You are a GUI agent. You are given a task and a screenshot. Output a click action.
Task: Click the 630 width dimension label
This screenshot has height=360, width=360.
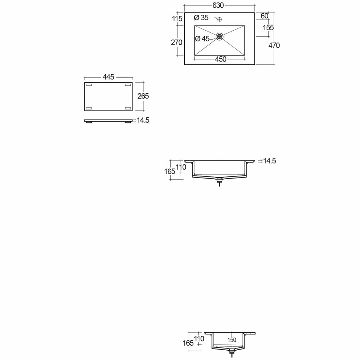(x=218, y=5)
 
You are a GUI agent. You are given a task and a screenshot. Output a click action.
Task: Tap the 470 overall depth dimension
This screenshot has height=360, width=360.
(x=274, y=45)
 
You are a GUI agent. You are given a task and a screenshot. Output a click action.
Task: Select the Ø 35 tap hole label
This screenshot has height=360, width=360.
(x=201, y=17)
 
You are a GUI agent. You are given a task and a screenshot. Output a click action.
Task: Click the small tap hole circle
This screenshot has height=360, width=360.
(x=220, y=19)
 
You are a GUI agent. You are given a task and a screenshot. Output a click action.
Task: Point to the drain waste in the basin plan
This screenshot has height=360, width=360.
(x=220, y=36)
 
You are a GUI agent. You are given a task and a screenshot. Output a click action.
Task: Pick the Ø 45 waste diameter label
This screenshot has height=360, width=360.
(x=202, y=39)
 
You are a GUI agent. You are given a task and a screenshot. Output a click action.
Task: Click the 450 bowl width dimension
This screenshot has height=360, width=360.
(x=221, y=59)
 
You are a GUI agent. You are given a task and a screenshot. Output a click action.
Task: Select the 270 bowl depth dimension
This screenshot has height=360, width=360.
(x=176, y=42)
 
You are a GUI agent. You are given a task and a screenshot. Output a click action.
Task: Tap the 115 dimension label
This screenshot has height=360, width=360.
(x=177, y=19)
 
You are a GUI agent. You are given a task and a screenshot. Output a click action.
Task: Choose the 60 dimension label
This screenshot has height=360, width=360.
(x=265, y=16)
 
